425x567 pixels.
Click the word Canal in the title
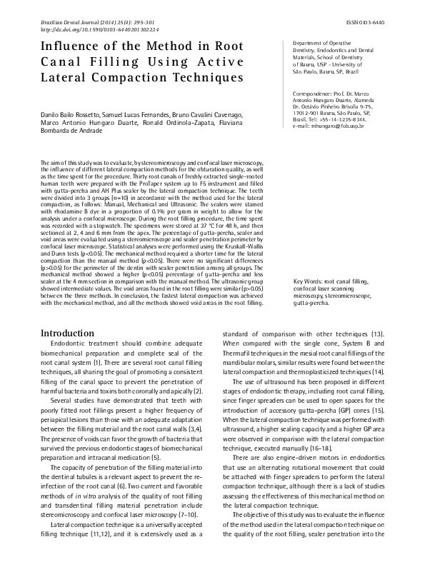pos(66,61)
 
